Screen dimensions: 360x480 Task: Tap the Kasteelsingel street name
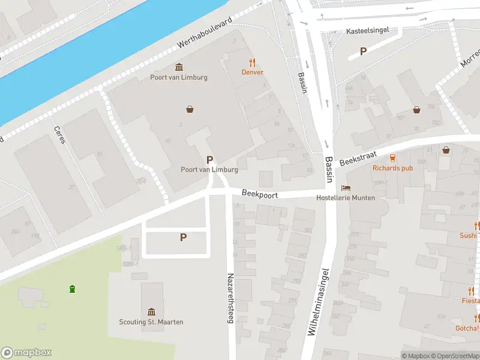click(x=368, y=30)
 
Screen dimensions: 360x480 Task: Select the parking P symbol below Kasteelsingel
click(x=363, y=52)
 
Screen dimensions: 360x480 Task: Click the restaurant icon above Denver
click(x=253, y=62)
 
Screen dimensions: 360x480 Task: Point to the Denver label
click(x=253, y=72)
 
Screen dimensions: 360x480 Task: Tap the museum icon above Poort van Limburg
click(x=178, y=67)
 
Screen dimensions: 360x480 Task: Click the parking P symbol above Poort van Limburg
click(x=209, y=160)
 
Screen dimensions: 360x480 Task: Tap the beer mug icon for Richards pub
click(x=392, y=158)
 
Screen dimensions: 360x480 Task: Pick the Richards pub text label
click(x=392, y=168)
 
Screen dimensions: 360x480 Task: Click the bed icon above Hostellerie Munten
click(x=345, y=188)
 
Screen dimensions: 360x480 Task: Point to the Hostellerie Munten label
click(x=346, y=198)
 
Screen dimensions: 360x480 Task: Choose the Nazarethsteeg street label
click(x=230, y=298)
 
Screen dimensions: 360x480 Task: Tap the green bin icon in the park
click(x=73, y=289)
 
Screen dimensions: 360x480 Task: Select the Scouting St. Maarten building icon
click(x=151, y=311)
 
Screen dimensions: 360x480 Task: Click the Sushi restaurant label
click(x=468, y=236)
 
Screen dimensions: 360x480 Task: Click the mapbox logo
click(x=26, y=353)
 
